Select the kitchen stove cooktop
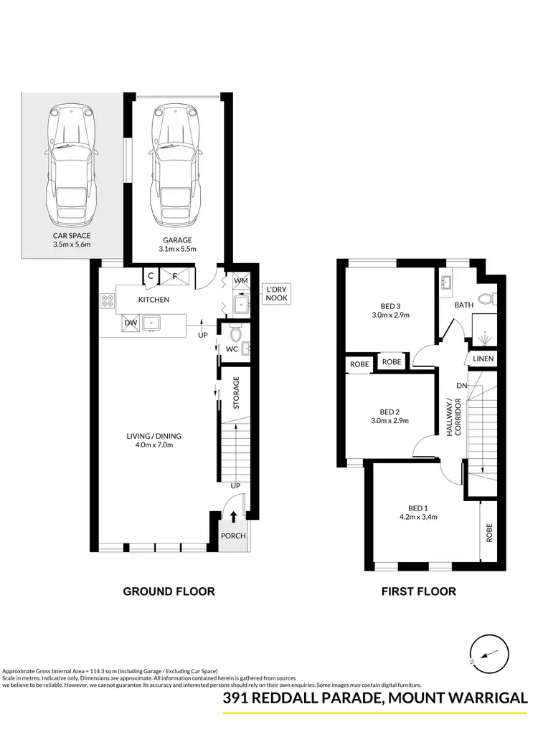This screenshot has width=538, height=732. pyautogui.click(x=108, y=303)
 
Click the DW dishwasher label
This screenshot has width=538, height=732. pyautogui.click(x=131, y=324)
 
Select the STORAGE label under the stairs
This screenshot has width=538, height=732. pyautogui.click(x=235, y=393)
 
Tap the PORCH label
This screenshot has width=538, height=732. pyautogui.click(x=234, y=536)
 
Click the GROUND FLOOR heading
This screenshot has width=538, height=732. pyautogui.click(x=169, y=591)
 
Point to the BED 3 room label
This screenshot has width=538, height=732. pyautogui.click(x=390, y=305)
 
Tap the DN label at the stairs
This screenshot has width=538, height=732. pyautogui.click(x=461, y=386)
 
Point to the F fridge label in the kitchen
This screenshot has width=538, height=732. pyautogui.click(x=175, y=275)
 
